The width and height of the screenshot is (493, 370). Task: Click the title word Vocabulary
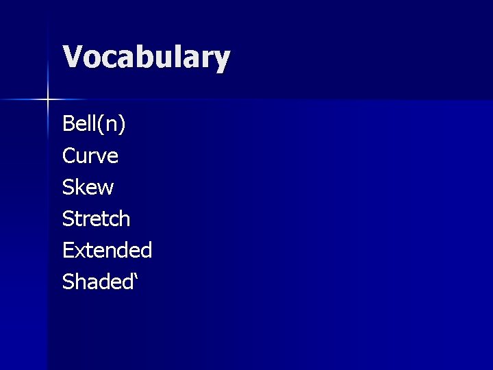(x=146, y=58)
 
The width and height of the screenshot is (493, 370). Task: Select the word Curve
(x=90, y=156)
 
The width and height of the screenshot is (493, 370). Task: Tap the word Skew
(x=88, y=187)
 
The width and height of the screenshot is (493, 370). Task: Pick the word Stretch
(x=96, y=219)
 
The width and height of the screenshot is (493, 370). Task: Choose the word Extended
(x=107, y=250)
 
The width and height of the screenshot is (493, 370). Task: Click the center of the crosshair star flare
(x=48, y=100)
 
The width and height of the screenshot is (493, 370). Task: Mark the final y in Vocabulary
(x=221, y=61)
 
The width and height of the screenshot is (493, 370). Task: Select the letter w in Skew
(x=105, y=189)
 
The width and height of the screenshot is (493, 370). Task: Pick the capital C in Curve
(x=68, y=156)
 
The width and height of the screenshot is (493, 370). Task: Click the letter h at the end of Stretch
(x=123, y=219)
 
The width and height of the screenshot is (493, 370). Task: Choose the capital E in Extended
(x=68, y=250)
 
